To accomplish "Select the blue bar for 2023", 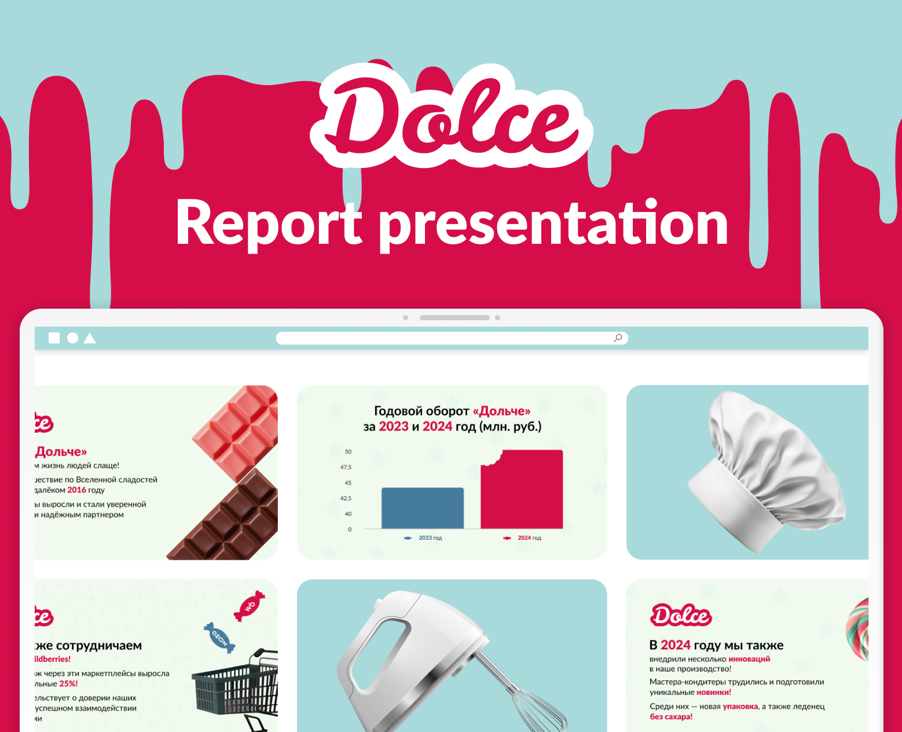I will point(423,508).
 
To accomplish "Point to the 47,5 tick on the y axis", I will point(346,467).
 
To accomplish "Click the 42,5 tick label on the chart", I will point(346,498).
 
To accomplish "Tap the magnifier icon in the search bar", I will point(618,338).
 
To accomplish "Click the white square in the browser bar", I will point(54,338).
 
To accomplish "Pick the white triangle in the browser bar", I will point(90,338).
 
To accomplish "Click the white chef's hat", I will point(764,469).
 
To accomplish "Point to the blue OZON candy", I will point(219,638).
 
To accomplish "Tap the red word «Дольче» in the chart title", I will point(501,411).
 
